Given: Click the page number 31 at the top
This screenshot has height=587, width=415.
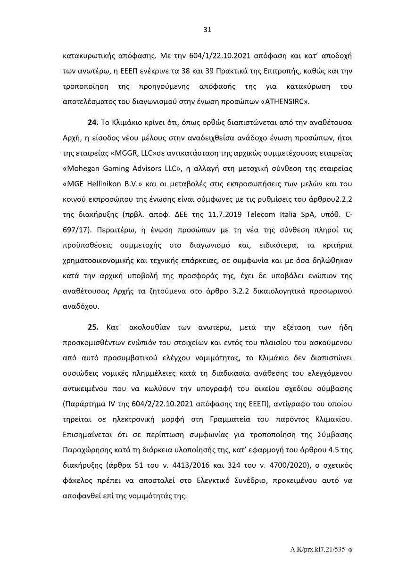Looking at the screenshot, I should coord(207,30).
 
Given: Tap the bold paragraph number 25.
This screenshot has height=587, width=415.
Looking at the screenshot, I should coord(93,327).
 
